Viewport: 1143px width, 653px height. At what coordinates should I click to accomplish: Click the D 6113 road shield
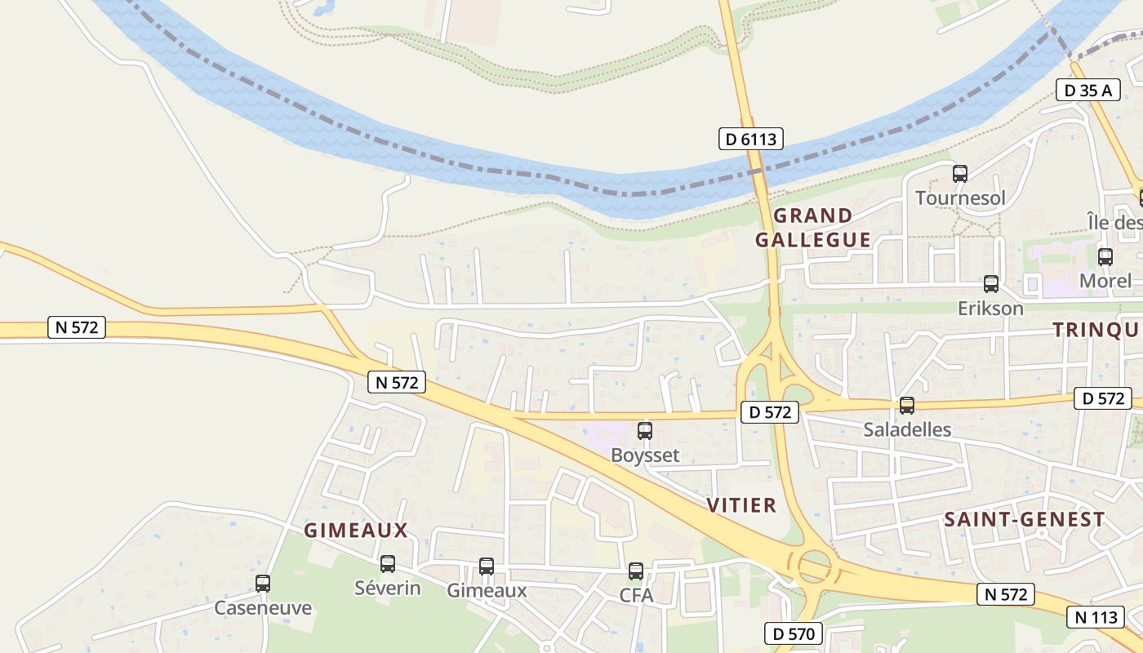(x=751, y=139)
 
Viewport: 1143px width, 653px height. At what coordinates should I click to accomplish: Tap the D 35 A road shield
(x=1088, y=90)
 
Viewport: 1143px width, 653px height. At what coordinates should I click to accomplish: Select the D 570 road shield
(x=794, y=633)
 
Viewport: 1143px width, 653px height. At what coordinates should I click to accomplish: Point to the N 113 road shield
(x=1095, y=617)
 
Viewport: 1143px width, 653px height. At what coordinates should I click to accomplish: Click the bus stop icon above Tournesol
(x=960, y=173)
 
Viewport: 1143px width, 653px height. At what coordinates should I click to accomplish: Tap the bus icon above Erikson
(x=991, y=284)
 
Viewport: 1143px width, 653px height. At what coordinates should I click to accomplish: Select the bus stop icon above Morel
(x=1105, y=257)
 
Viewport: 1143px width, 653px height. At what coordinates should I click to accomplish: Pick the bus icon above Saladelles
(x=906, y=405)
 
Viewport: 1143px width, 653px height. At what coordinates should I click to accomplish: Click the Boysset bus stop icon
(x=645, y=430)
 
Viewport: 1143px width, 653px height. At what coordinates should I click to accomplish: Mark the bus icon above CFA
(x=636, y=571)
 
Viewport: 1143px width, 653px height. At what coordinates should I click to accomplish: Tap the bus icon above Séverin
(x=388, y=563)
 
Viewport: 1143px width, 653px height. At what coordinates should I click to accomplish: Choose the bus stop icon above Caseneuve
(x=263, y=584)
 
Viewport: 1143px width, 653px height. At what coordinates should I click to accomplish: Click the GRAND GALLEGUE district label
(x=813, y=228)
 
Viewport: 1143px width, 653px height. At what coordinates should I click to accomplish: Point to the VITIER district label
(x=742, y=505)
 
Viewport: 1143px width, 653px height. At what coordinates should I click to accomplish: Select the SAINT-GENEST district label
(x=1025, y=519)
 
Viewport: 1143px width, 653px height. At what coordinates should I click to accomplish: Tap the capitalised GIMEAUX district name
(x=356, y=531)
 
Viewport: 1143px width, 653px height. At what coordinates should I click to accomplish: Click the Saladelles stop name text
(x=908, y=429)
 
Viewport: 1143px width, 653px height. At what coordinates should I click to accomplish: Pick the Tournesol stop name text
(x=960, y=198)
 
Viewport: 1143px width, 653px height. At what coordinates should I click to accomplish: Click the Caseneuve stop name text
(x=263, y=608)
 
